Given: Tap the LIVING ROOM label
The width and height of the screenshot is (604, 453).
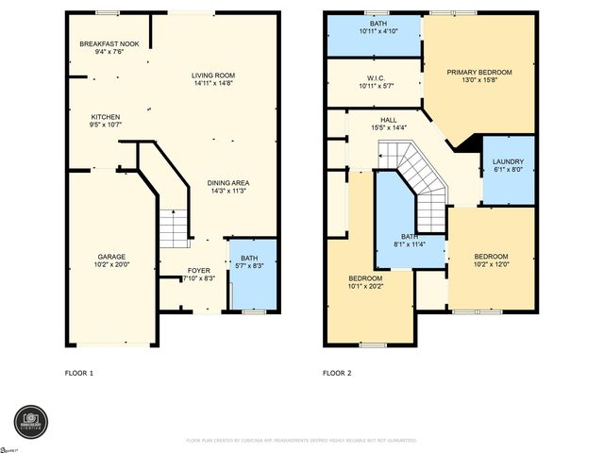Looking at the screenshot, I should (x=213, y=75).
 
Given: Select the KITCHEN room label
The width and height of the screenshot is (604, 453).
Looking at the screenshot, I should (x=105, y=117).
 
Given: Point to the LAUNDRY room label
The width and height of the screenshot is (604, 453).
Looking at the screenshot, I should (x=507, y=161).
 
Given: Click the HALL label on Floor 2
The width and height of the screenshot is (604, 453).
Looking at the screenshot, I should (x=389, y=120).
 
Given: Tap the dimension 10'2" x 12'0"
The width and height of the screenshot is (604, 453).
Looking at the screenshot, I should (x=491, y=263).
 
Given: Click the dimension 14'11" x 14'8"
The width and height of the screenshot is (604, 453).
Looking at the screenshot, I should (x=213, y=83).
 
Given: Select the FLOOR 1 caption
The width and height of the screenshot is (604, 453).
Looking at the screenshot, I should (x=78, y=374).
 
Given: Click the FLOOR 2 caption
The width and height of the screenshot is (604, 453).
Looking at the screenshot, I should (x=337, y=374).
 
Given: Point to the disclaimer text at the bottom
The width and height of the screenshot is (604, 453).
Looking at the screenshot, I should (x=301, y=441).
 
